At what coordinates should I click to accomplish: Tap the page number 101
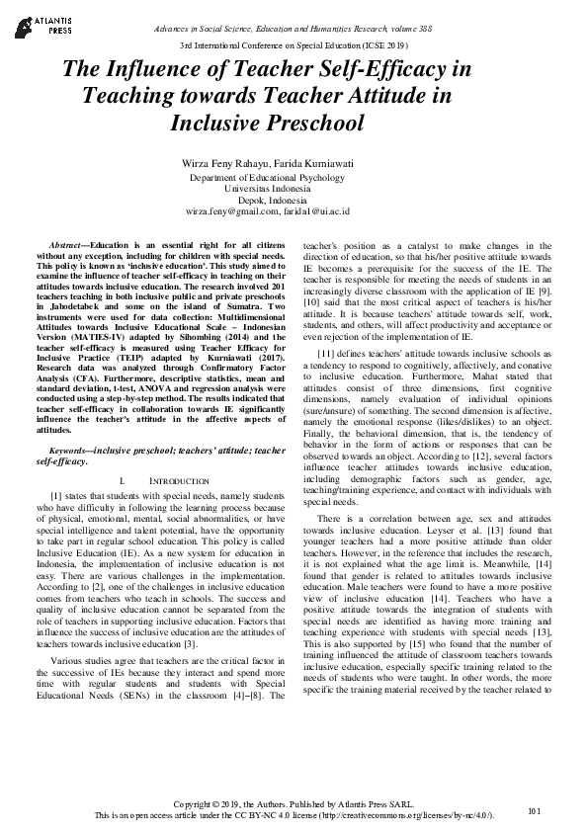(x=535, y=811)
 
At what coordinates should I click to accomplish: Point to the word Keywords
(x=70, y=451)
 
